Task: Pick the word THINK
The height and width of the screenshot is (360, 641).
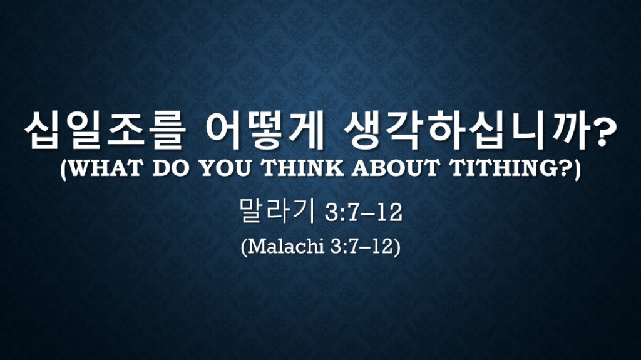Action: (302, 168)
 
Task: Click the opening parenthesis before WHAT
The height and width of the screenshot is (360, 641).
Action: (63, 169)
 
